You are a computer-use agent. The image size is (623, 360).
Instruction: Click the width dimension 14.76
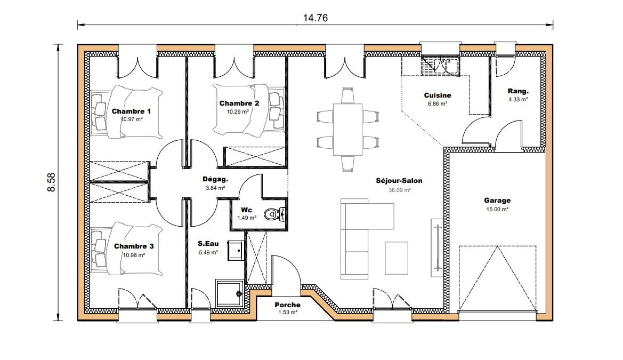[315, 18]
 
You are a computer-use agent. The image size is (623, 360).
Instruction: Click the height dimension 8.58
[51, 182]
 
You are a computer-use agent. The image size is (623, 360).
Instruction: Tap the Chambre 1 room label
[131, 111]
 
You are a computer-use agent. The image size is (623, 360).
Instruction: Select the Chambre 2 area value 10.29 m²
[238, 112]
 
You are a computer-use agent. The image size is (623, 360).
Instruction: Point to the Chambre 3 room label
[134, 246]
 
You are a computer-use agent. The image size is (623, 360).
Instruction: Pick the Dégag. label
[215, 179]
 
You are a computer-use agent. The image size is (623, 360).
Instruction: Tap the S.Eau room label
[208, 243]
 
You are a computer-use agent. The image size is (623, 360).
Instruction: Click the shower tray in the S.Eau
[229, 293]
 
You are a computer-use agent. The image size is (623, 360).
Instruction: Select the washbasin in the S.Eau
[236, 251]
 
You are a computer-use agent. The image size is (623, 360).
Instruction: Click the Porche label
[288, 305]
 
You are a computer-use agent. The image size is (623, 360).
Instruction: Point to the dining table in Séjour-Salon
[347, 129]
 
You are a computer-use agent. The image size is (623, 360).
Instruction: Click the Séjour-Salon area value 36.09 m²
[400, 190]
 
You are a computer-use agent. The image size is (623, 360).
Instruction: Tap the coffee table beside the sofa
[397, 258]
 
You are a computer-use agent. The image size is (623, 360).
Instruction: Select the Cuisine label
[438, 95]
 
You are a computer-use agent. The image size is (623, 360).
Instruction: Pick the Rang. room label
[519, 91]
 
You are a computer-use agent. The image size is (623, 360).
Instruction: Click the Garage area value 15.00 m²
[497, 209]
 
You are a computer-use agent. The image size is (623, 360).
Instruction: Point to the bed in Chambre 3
[127, 249]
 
